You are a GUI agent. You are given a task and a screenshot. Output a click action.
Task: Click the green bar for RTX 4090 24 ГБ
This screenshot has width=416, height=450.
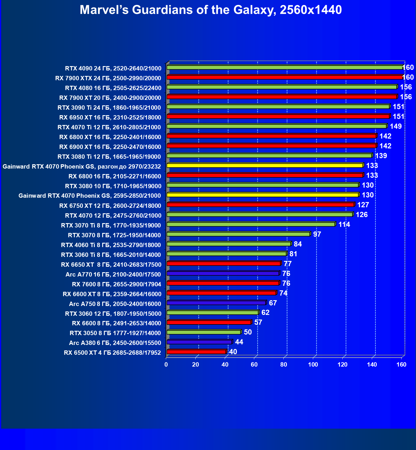pyautogui.click(x=285, y=68)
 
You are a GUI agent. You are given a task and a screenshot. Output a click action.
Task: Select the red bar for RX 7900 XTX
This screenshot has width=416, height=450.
pyautogui.click(x=285, y=77)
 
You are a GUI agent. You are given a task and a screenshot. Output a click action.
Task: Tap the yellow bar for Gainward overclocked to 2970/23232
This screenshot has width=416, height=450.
pyautogui.click(x=265, y=165)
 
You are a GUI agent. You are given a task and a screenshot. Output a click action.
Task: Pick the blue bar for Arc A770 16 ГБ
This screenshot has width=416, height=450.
pyautogui.click(x=223, y=273)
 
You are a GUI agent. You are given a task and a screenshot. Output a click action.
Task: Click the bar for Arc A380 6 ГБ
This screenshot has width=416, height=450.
pyautogui.click(x=199, y=342)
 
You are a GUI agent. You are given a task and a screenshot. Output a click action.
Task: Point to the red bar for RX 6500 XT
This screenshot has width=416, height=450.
pyautogui.click(x=196, y=352)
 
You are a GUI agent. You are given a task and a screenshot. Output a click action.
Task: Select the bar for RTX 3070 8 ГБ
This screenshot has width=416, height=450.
pyautogui.click(x=238, y=234)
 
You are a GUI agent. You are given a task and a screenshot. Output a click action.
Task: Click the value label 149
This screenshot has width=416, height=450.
pyautogui.click(x=396, y=126)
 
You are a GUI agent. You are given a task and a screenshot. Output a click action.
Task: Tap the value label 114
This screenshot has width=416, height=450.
pyautogui.click(x=344, y=225)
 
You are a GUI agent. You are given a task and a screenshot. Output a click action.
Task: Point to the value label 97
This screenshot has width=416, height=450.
pyautogui.click(x=317, y=234)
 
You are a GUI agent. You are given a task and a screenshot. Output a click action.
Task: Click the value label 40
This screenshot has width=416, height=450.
pyautogui.click(x=233, y=352)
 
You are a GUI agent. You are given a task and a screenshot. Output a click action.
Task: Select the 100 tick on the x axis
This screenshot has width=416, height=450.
pyautogui.click(x=313, y=365)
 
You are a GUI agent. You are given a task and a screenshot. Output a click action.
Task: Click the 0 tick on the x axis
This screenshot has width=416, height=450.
pyautogui.click(x=166, y=365)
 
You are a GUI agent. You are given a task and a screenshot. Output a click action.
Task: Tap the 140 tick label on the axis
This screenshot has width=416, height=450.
pyautogui.click(x=372, y=365)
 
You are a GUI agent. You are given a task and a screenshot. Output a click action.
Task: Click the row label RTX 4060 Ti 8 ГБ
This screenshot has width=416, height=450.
pyautogui.click(x=111, y=245)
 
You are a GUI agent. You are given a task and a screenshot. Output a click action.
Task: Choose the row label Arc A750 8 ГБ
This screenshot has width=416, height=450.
pyautogui.click(x=115, y=304)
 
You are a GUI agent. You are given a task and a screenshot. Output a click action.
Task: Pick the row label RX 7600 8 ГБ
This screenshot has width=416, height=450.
pyautogui.click(x=116, y=284)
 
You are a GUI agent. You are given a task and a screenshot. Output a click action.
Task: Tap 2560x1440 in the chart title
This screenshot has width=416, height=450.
pyautogui.click(x=311, y=10)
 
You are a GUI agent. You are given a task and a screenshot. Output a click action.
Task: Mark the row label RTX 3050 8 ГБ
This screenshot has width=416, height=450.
pyautogui.click(x=115, y=333)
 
